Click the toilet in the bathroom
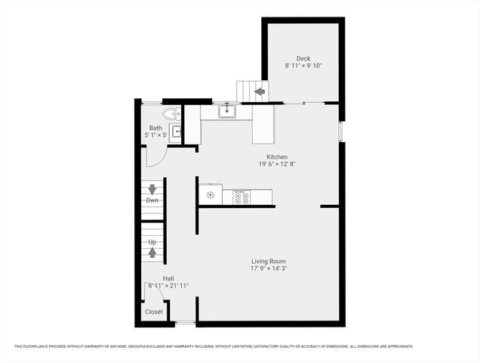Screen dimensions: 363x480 [x=171, y=114]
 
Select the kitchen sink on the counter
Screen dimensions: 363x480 [x=226, y=112]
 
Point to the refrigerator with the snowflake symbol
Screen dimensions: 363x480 [x=211, y=195]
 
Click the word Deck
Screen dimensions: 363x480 [x=303, y=59]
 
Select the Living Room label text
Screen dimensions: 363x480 [x=269, y=261]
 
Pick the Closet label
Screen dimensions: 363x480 [x=153, y=311]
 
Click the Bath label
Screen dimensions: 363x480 [x=155, y=128]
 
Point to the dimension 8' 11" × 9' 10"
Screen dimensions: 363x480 [x=303, y=67]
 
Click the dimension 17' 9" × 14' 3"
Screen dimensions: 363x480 [x=269, y=268]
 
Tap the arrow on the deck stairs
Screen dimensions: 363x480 [x=260, y=92]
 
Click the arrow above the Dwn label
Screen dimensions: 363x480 [x=152, y=189]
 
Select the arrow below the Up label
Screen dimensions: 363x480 [x=152, y=252]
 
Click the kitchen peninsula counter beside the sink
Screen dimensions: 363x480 [x=263, y=125]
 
